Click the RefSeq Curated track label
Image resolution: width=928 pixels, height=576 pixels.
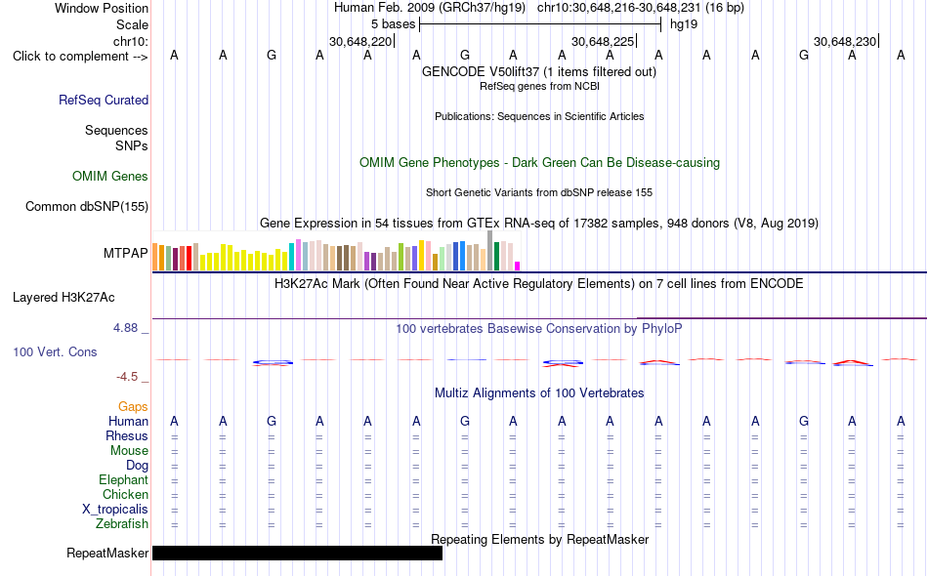pyautogui.click(x=104, y=100)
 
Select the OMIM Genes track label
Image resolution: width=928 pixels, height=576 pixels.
pyautogui.click(x=110, y=177)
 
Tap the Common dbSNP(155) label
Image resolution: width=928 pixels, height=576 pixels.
pyautogui.click(x=87, y=206)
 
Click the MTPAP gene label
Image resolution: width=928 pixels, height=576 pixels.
pyautogui.click(x=125, y=253)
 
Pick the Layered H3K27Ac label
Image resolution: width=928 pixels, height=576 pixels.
pyautogui.click(x=63, y=298)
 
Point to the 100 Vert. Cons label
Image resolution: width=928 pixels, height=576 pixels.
pyautogui.click(x=55, y=351)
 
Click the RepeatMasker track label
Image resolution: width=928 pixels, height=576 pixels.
pyautogui.click(x=107, y=553)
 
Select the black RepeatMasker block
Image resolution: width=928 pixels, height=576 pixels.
pyautogui.click(x=297, y=553)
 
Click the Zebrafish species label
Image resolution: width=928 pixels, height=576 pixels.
pyautogui.click(x=122, y=524)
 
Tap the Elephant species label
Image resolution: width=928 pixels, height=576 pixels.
pyautogui.click(x=124, y=479)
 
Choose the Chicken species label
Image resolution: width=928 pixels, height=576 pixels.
pyautogui.click(x=125, y=494)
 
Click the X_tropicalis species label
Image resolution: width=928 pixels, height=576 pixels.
pyautogui.click(x=115, y=510)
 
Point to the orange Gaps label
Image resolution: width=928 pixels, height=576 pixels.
pyautogui.click(x=133, y=406)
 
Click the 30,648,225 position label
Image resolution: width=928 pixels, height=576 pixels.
pyautogui.click(x=602, y=41)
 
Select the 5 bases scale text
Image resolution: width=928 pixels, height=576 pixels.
pyautogui.click(x=393, y=24)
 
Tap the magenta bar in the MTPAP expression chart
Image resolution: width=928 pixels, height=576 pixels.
pyautogui.click(x=518, y=267)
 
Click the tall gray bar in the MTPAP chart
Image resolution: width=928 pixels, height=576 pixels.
pyautogui.click(x=490, y=251)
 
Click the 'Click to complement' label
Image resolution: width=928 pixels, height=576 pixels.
pyautogui.click(x=80, y=57)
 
